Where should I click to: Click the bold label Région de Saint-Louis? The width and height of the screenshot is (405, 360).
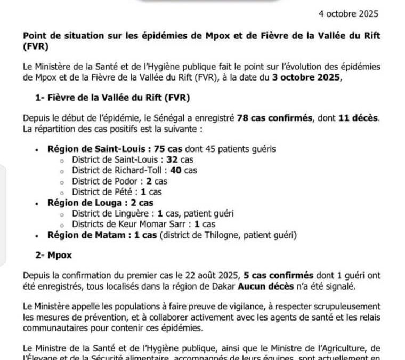94,150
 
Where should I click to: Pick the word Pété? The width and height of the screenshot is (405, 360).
126,191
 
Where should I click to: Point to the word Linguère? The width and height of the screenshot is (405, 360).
133,213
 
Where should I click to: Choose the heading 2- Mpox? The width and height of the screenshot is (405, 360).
50,255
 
